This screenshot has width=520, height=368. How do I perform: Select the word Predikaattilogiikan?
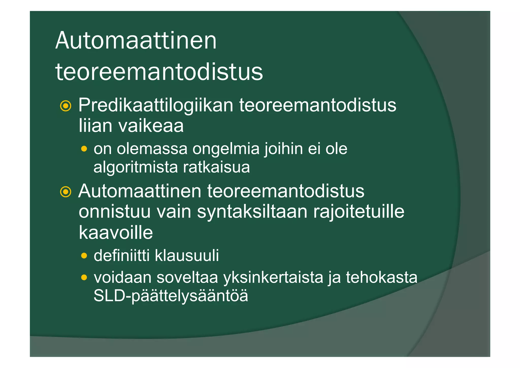pyautogui.click(x=156, y=105)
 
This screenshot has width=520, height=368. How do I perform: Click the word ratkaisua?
pyautogui.click(x=216, y=167)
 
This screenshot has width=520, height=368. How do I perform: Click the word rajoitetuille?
pyautogui.click(x=359, y=212)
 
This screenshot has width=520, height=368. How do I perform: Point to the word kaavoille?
pyautogui.click(x=116, y=232)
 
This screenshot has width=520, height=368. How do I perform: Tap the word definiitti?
pyautogui.click(x=122, y=256)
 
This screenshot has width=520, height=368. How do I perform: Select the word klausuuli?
pyautogui.click(x=187, y=256)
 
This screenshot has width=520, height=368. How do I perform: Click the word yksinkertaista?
pyautogui.click(x=273, y=278)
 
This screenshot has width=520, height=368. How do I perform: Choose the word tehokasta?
pyautogui.click(x=381, y=277)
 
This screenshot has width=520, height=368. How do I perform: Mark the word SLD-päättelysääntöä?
pyautogui.click(x=171, y=296)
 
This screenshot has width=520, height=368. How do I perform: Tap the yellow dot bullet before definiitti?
pyautogui.click(x=84, y=256)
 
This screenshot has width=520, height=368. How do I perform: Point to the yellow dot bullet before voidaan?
pyautogui.click(x=84, y=277)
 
